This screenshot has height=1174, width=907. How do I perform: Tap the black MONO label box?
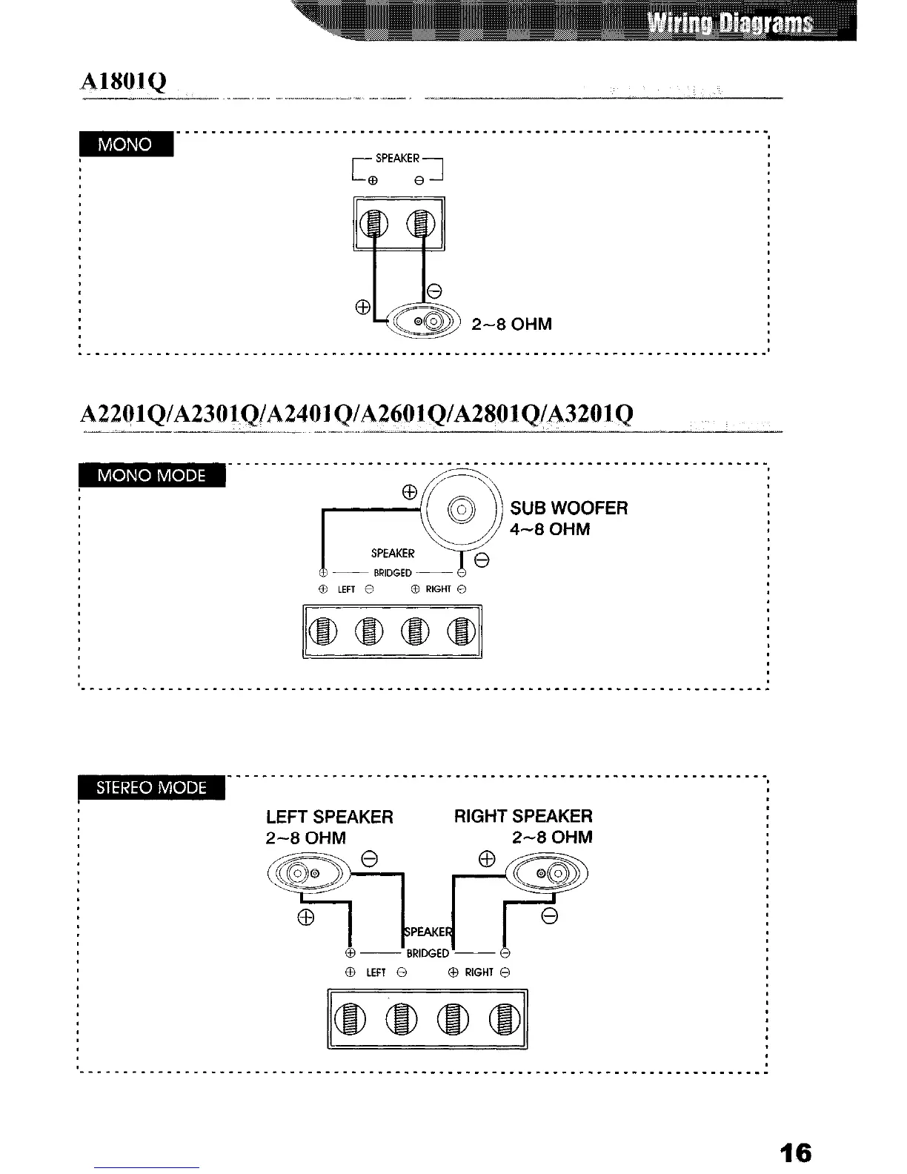125,144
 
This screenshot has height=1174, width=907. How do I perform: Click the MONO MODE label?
152,475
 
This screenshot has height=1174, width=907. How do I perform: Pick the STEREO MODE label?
152,787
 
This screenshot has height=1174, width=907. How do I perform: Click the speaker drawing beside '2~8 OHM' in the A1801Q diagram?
426,322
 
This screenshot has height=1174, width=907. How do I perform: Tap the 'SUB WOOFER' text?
569,508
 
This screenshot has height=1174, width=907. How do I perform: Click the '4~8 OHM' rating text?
550,529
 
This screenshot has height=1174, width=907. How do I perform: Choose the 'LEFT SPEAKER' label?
330,817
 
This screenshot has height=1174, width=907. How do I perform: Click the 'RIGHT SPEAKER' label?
523,817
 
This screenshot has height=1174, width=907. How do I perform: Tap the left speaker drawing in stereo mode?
305,875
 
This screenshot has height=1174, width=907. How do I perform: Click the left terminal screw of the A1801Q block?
376,224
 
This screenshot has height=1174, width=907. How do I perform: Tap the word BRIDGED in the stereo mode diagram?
428,952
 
